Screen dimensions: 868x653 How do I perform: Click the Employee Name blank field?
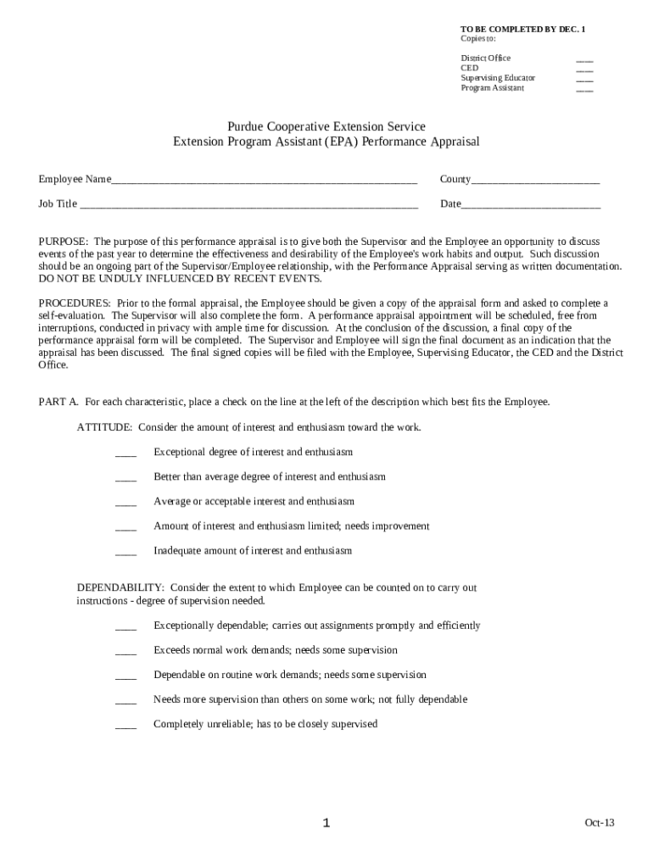(x=264, y=180)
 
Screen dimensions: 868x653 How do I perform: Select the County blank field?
(x=535, y=180)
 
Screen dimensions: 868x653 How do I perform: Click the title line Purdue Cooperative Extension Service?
(x=326, y=127)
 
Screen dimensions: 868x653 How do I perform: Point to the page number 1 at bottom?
(x=326, y=823)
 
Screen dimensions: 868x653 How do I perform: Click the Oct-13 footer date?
(x=598, y=823)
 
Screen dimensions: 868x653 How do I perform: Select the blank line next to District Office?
(x=584, y=58)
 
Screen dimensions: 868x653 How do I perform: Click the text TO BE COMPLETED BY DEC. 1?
(x=522, y=30)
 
